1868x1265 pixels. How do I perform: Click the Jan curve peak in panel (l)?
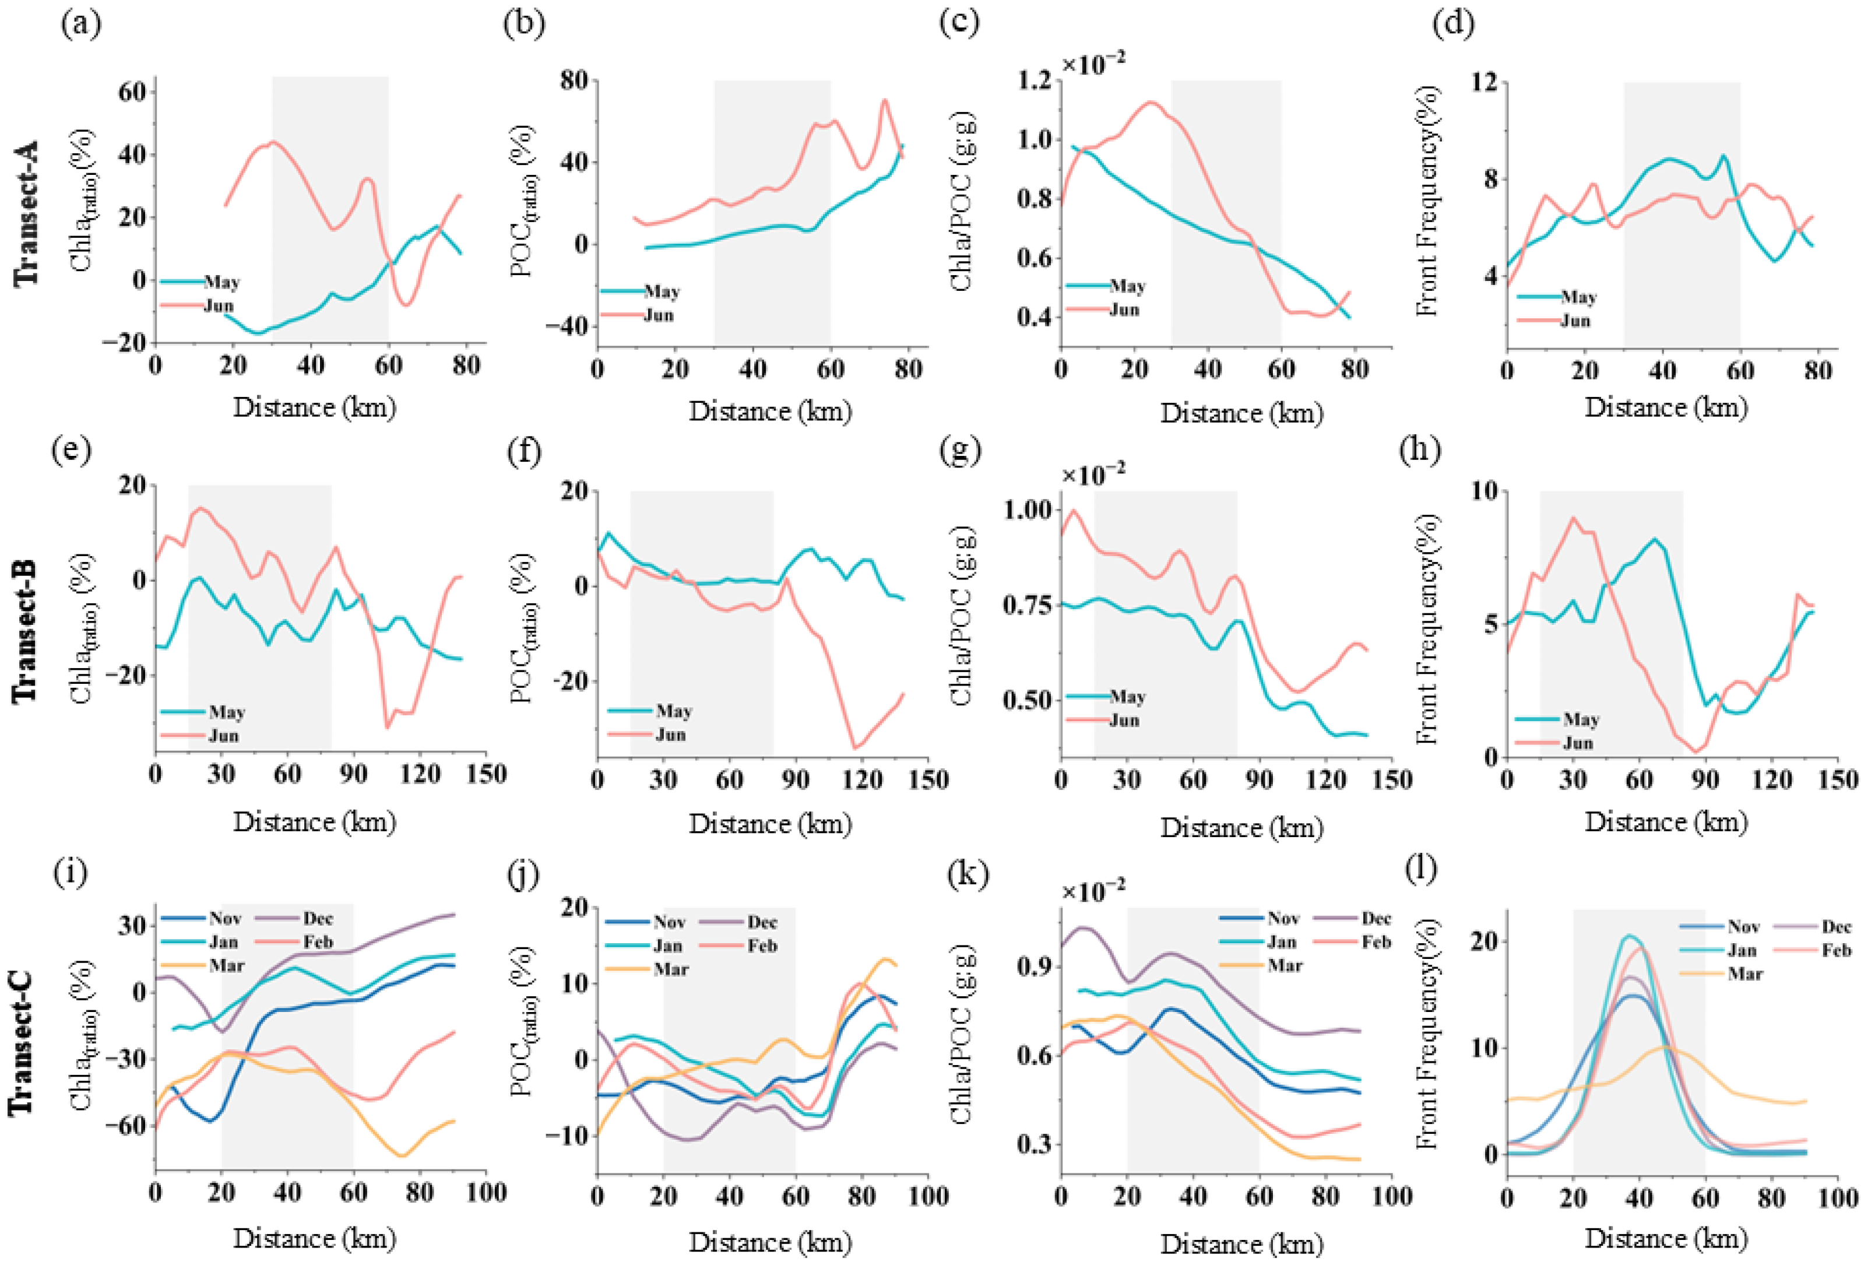point(1629,936)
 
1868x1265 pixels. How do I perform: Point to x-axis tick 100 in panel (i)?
point(485,1193)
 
